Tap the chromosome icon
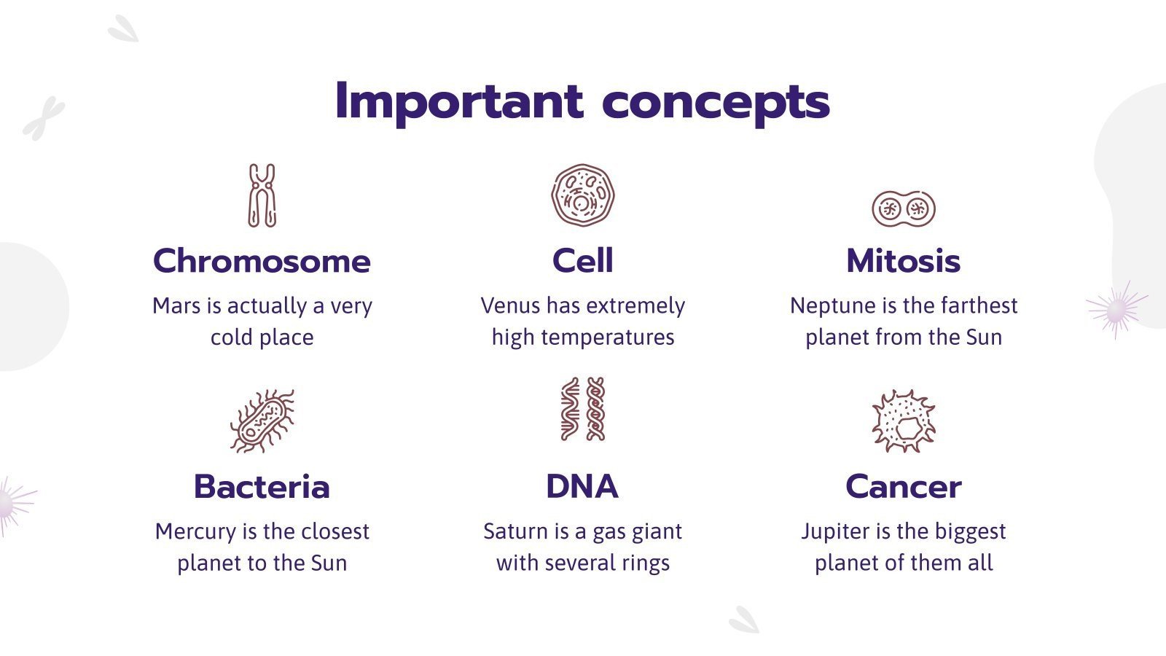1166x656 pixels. (262, 195)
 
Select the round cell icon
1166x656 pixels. (583, 195)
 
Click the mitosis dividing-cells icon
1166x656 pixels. (903, 209)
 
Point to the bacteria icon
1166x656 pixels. (262, 421)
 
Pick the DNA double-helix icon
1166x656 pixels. (583, 409)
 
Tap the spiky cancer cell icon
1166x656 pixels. (903, 421)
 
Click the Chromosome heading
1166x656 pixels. (262, 261)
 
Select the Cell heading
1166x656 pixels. (583, 261)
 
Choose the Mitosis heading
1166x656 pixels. (903, 261)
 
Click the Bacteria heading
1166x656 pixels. (262, 487)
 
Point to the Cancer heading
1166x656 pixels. (903, 487)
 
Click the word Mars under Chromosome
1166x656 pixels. (176, 306)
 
